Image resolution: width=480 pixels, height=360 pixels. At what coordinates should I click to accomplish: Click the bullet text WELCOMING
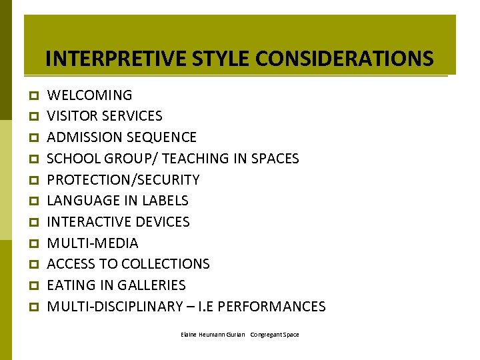pyautogui.click(x=89, y=95)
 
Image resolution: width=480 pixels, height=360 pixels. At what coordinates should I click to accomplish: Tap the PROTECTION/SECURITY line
pyautogui.click(x=123, y=180)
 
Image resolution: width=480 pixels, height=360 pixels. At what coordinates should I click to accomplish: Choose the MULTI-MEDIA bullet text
pyautogui.click(x=93, y=243)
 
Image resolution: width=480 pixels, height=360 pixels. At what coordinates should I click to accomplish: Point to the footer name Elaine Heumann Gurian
pyautogui.click(x=213, y=335)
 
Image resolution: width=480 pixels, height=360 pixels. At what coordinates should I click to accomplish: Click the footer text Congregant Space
pyautogui.click(x=275, y=335)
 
